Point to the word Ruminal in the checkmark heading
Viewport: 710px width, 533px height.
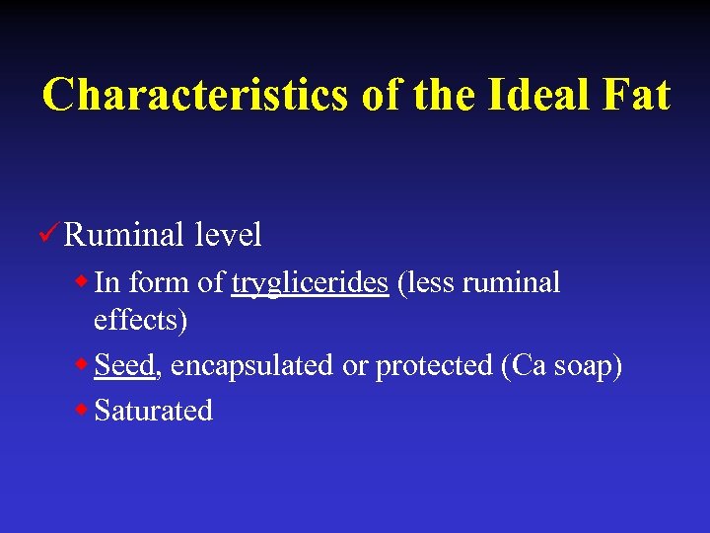pos(123,235)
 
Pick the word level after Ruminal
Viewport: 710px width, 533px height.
pos(228,235)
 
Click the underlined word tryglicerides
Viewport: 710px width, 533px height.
pos(310,283)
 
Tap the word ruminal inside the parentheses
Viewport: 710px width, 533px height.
pos(511,283)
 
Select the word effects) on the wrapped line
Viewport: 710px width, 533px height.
pos(140,321)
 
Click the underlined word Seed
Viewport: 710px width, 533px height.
pos(124,365)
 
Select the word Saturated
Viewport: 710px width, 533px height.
pos(154,411)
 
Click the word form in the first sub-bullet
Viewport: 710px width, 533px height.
pos(159,283)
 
